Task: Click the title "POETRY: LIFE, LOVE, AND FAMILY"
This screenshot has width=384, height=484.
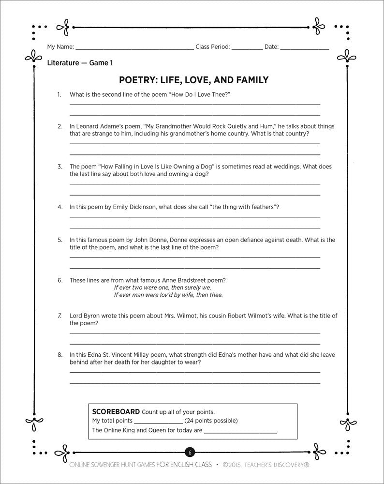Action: tap(193, 79)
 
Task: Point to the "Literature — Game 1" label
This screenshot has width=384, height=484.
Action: tap(80, 62)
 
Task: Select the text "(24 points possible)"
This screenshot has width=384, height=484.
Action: tap(211, 420)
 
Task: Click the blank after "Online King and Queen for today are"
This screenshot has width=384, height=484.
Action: tap(241, 431)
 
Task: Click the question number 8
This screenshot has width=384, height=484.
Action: tap(60, 355)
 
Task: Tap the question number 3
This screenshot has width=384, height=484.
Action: tap(60, 166)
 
